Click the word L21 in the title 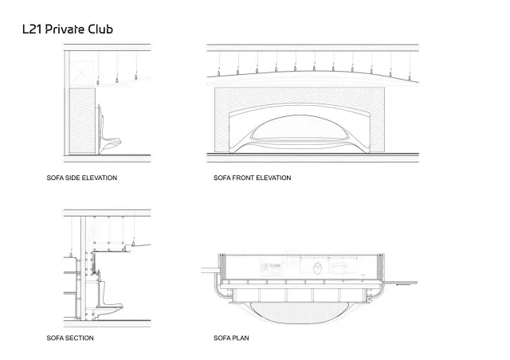coord(33,29)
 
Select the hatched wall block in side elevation coord(83,121)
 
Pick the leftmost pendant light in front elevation coord(219,73)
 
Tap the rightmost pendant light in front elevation coord(410,78)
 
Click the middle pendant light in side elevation coord(117,80)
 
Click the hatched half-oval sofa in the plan coord(300,313)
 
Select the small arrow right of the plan coord(403,284)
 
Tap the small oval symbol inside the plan coord(317,269)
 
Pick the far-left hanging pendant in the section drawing coord(71,255)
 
